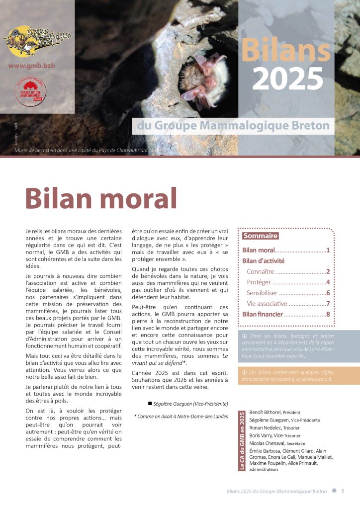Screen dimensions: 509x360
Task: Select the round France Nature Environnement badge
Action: [31, 92]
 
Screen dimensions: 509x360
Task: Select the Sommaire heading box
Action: [260, 236]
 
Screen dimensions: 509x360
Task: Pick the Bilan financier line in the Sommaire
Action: [263, 314]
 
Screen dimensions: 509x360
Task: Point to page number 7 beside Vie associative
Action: [328, 304]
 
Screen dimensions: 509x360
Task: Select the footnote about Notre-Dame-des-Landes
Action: [181, 416]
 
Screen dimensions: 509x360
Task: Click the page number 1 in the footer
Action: [343, 491]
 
